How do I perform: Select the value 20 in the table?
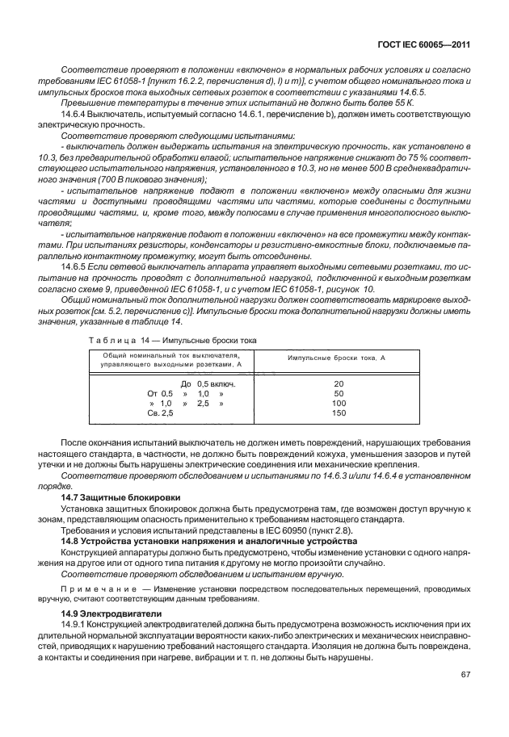[x=339, y=383]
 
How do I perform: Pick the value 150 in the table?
[x=339, y=412]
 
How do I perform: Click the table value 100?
[x=339, y=403]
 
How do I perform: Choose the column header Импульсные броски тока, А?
[x=339, y=357]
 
